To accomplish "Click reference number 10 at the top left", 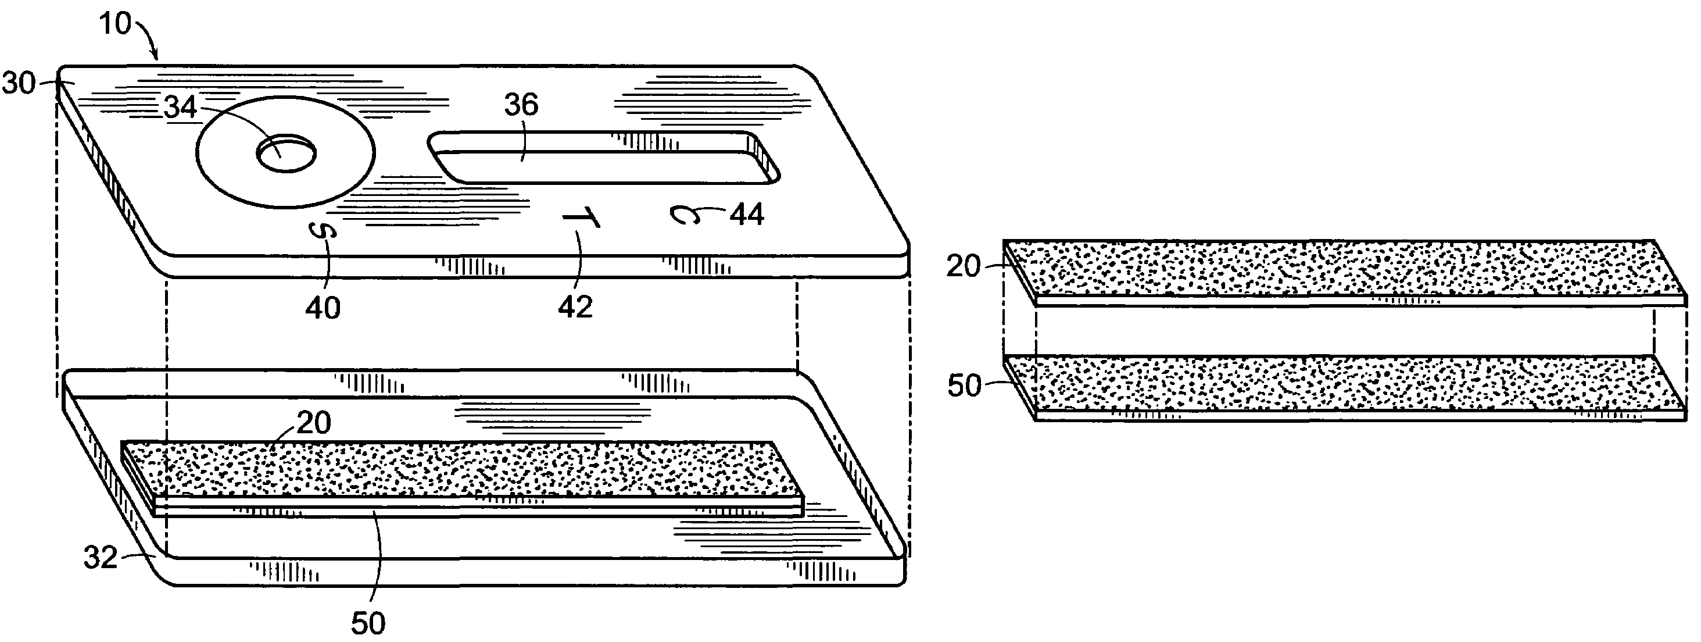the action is click(x=116, y=24).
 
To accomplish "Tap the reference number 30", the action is click(x=18, y=84).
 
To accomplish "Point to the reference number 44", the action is click(x=747, y=215).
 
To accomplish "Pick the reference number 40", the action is click(x=323, y=308).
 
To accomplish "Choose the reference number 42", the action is click(x=575, y=307).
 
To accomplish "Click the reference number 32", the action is click(x=101, y=558).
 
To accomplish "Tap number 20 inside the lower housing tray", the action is click(x=314, y=423).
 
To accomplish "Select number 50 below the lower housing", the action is click(x=368, y=623).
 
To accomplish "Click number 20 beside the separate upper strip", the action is click(x=964, y=266).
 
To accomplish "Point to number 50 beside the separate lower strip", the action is click(x=964, y=386).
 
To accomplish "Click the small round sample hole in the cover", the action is click(x=286, y=155).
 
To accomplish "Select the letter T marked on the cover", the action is click(x=581, y=218).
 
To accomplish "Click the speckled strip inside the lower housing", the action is click(x=462, y=472).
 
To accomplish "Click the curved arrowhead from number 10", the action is click(x=156, y=54).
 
